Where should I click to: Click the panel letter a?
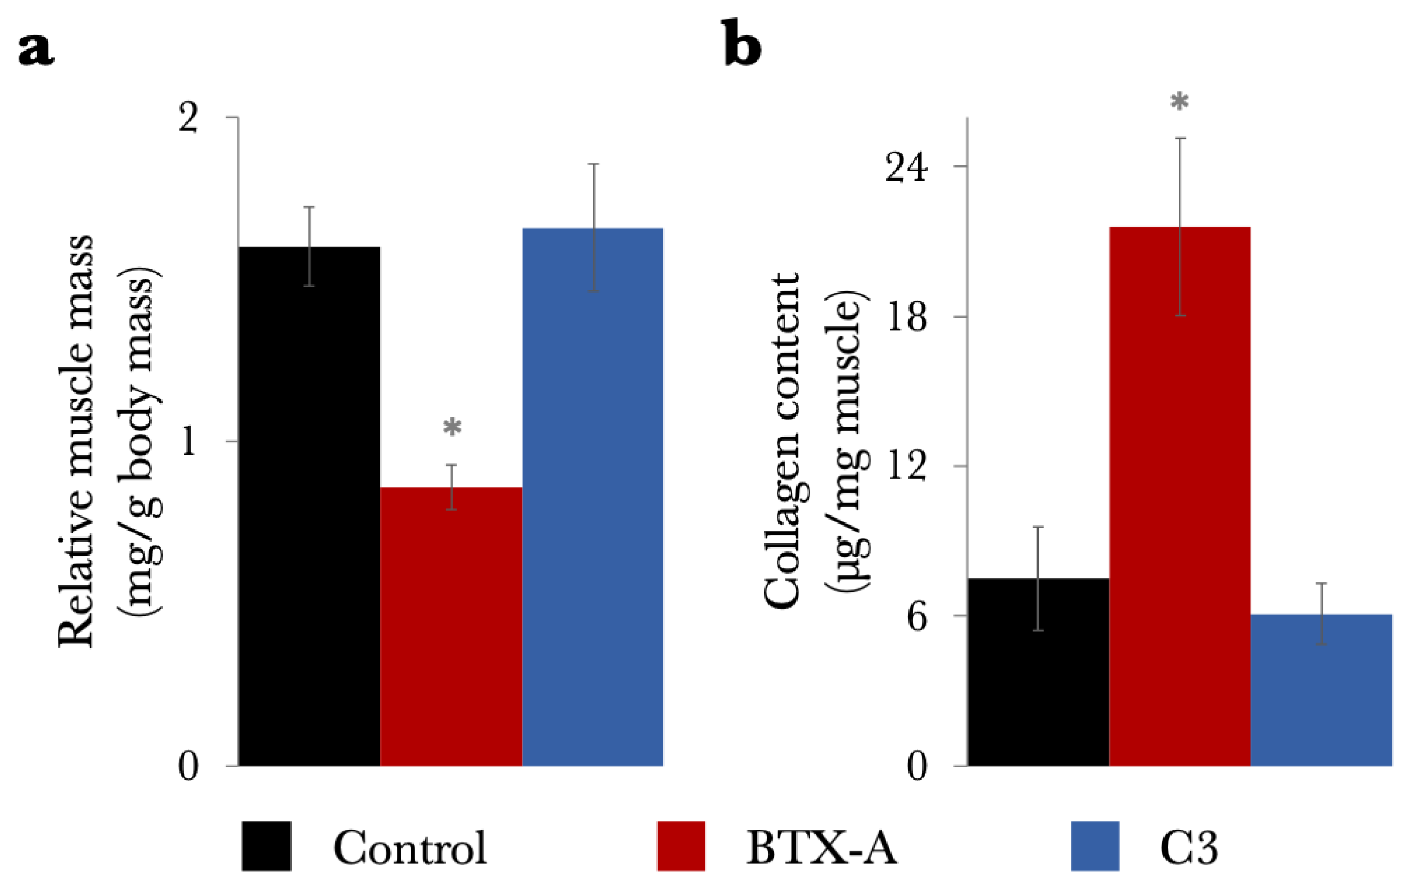[37, 50]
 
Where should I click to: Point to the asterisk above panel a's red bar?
[452, 428]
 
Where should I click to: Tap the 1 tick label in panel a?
[188, 441]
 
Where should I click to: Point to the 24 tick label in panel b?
[906, 167]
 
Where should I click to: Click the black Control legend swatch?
[267, 846]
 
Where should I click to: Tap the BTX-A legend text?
[821, 848]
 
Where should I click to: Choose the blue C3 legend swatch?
[1094, 846]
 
